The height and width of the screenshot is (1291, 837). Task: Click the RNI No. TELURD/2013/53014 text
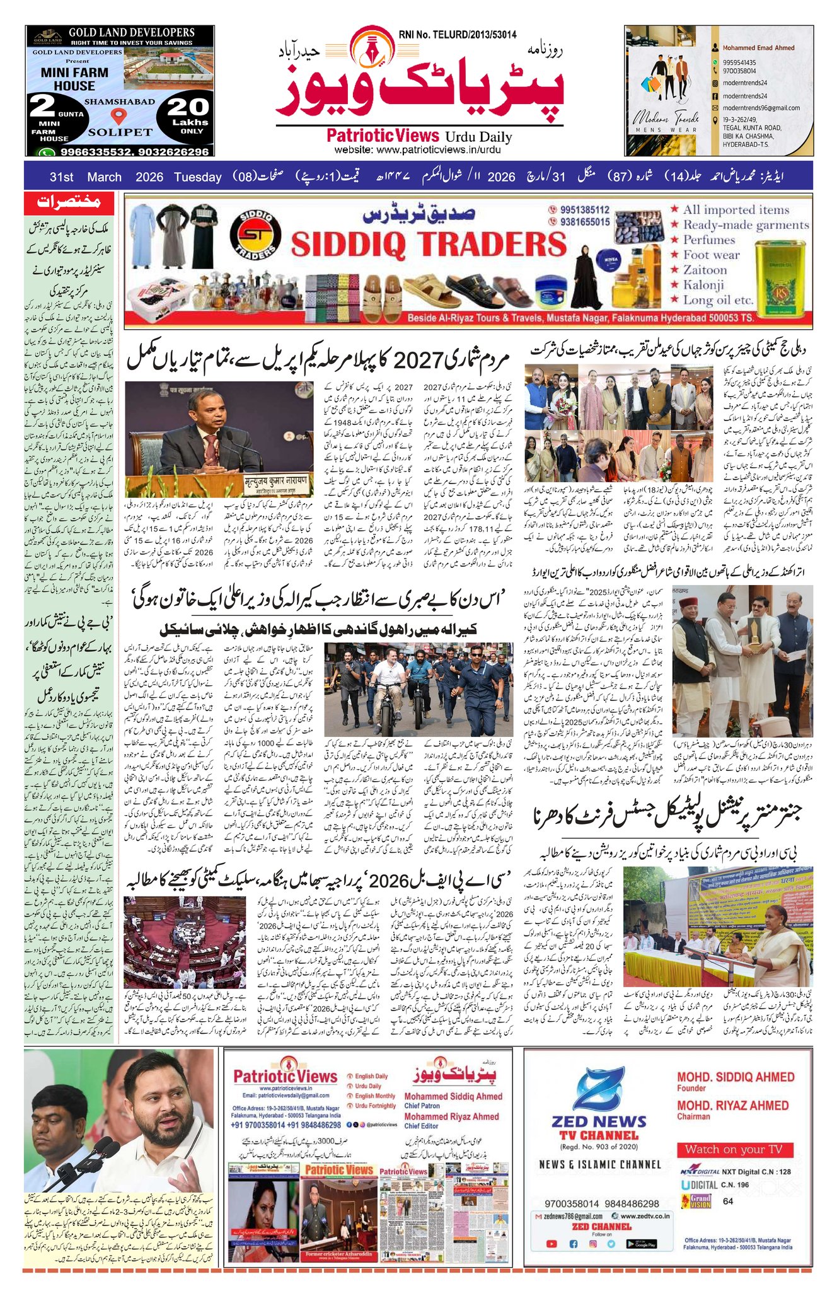point(457,35)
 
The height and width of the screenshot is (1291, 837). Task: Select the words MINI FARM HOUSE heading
point(74,79)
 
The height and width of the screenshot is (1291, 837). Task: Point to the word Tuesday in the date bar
point(198,177)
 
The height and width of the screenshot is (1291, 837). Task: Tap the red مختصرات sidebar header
point(69,202)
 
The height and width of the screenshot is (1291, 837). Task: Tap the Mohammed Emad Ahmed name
point(758,48)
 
